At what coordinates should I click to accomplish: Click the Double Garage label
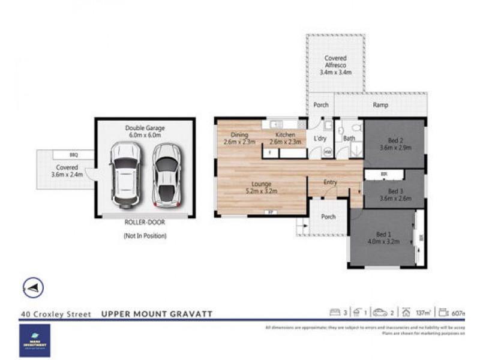(x=145, y=131)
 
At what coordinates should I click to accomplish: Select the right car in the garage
(x=166, y=175)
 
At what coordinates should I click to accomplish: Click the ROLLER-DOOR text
(x=145, y=222)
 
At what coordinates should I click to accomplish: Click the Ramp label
(x=380, y=105)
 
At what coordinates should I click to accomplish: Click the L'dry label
(x=319, y=139)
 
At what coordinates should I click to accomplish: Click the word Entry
(x=330, y=182)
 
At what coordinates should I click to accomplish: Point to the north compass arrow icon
(x=34, y=288)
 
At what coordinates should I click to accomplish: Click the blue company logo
(x=34, y=340)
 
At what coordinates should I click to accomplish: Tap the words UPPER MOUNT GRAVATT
(x=157, y=314)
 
